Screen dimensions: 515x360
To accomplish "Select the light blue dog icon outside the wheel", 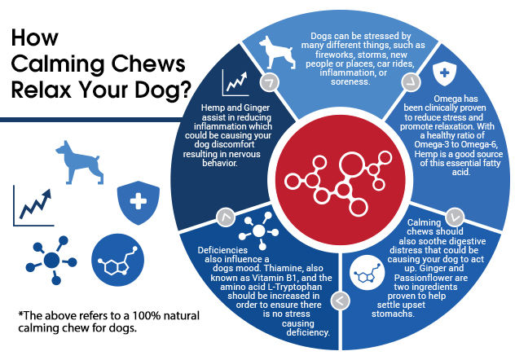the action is point(80,162).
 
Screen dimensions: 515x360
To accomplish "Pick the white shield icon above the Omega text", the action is point(444,73).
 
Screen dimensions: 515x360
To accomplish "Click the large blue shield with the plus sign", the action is point(139,203).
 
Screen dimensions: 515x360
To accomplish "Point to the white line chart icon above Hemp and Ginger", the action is point(235,82).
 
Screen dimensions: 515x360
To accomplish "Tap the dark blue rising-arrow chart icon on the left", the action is point(33,206).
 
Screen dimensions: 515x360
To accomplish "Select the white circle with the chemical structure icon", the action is point(368,272).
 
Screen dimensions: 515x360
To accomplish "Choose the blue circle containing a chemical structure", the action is point(117,260).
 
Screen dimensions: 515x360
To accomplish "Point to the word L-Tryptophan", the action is point(295,287).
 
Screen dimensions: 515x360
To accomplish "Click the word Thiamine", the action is point(281,269).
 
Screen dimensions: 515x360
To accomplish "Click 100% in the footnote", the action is point(146,316).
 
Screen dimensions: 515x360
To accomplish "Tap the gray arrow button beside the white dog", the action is point(270,82).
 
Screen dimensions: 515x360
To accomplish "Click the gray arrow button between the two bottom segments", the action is point(340,301).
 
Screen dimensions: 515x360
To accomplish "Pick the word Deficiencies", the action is point(222,250).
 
